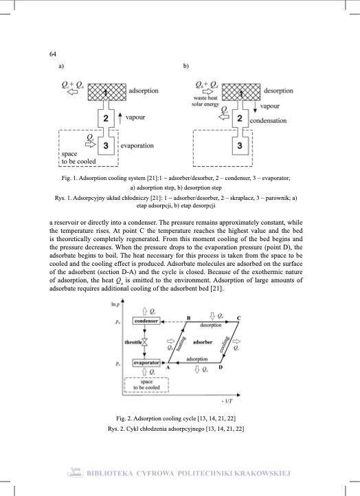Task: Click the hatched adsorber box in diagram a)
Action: (x=104, y=91)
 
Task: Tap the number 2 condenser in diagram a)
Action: (x=105, y=119)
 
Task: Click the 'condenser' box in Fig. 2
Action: (x=146, y=321)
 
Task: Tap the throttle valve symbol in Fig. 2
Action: (x=146, y=341)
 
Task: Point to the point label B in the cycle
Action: (x=188, y=317)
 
